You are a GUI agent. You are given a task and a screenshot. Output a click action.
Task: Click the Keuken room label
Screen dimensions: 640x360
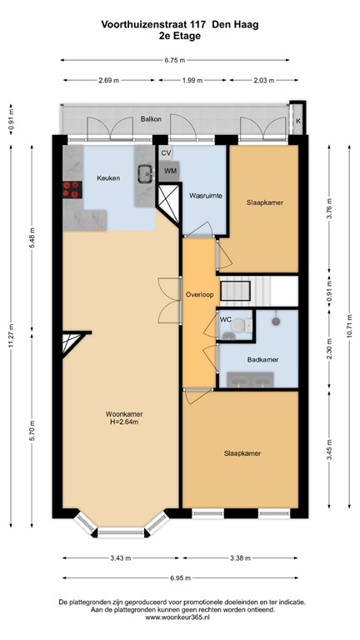tap(108, 178)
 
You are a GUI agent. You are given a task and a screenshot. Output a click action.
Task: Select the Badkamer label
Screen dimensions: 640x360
tap(262, 359)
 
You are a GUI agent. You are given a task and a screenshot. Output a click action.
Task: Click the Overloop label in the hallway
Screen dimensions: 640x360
tap(199, 294)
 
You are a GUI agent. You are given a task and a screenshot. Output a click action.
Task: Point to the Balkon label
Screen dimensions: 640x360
tap(151, 119)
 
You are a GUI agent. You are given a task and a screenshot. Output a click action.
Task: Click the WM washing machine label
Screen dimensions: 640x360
tap(170, 171)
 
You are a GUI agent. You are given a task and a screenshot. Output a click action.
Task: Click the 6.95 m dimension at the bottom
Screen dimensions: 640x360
tap(181, 577)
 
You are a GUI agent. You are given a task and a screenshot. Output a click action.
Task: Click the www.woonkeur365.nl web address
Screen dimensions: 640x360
tap(181, 617)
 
